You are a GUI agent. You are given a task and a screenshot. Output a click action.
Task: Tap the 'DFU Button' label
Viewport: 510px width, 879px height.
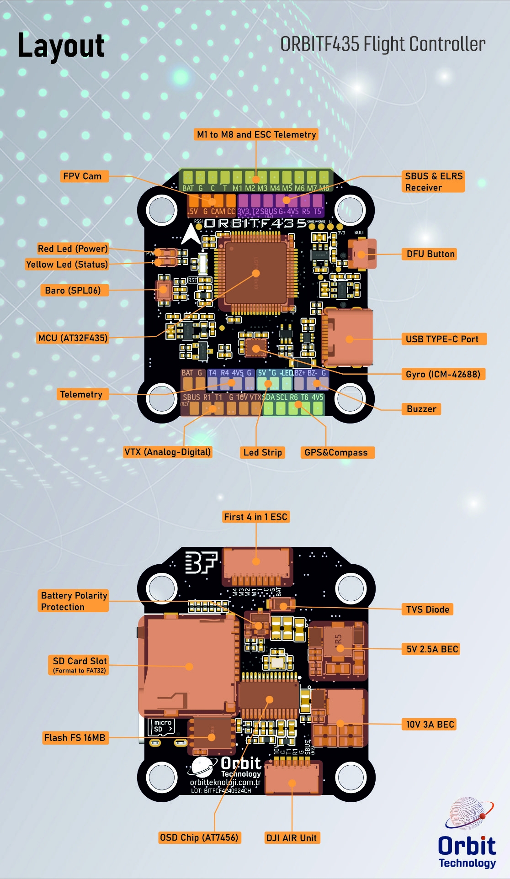tap(430, 254)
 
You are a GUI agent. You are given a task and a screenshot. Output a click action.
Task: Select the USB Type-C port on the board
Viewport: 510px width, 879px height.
tap(349, 339)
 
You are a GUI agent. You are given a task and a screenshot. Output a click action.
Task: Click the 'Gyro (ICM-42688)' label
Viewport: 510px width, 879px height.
tap(442, 374)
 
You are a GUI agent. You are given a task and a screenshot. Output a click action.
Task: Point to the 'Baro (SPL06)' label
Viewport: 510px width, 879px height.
tap(73, 290)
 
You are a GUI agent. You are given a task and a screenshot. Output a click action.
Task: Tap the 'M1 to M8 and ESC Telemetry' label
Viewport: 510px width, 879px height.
tap(256, 134)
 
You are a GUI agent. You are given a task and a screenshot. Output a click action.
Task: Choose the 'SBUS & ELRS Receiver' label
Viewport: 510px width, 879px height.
tap(433, 181)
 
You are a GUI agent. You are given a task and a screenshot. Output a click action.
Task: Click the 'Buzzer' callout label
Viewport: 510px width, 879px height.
tap(421, 409)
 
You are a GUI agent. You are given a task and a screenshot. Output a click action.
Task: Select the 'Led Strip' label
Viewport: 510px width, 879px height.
tap(262, 452)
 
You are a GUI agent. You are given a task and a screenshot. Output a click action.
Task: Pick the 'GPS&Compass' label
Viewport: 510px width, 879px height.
tap(336, 452)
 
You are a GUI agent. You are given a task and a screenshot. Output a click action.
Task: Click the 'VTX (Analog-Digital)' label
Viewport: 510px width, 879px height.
tap(168, 452)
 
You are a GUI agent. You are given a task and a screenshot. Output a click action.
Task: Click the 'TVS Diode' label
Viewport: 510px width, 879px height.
tap(427, 609)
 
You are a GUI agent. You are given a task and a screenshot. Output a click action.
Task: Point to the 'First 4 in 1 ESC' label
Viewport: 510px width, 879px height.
tap(255, 517)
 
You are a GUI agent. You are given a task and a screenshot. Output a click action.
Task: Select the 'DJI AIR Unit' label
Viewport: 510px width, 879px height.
tap(291, 838)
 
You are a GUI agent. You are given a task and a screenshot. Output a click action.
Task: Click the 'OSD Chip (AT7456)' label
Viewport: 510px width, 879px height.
tap(199, 837)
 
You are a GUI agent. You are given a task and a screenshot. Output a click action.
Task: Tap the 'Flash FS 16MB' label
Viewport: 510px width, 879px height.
tap(75, 737)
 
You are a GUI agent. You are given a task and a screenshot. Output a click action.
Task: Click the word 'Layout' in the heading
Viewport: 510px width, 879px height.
tap(61, 46)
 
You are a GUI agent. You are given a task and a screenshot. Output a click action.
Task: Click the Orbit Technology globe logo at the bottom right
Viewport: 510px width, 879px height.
tap(469, 814)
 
